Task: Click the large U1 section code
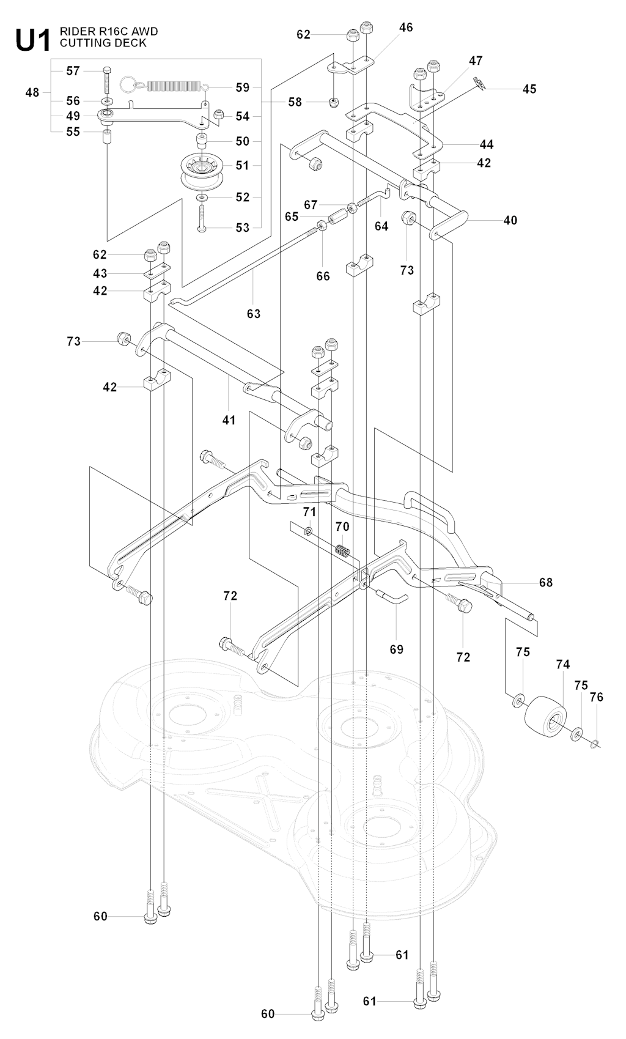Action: (33, 40)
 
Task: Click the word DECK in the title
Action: (132, 43)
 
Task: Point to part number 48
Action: (32, 93)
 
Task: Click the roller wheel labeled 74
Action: (546, 719)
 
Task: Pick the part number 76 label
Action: (596, 697)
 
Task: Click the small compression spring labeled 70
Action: (342, 550)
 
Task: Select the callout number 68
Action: (546, 582)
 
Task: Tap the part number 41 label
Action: (229, 420)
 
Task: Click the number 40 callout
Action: (510, 220)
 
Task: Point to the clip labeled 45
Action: (479, 84)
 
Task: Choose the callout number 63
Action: (254, 314)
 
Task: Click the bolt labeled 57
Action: (106, 79)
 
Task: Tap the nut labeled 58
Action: (333, 103)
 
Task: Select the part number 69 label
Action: (397, 649)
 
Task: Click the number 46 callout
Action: (406, 28)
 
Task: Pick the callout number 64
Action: (381, 226)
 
